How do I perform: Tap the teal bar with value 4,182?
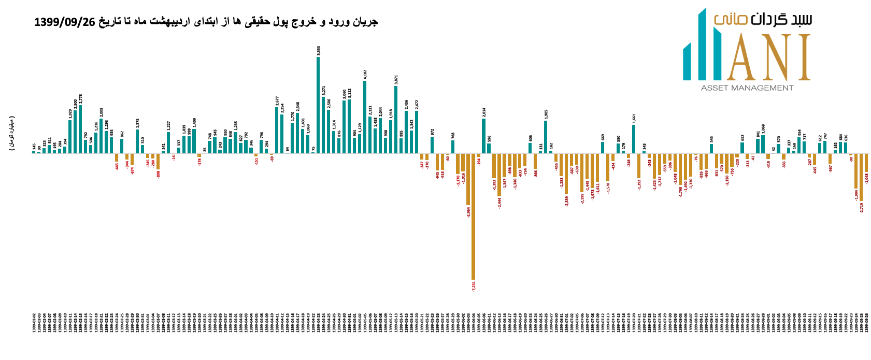point(365,117)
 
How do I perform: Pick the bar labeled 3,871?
point(396,119)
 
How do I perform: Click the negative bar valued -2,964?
point(468,179)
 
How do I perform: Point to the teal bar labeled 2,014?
point(483,136)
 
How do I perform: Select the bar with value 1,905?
point(546,137)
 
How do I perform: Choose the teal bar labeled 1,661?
point(633,139)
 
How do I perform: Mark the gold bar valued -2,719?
point(861,177)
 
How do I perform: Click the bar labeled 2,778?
point(80,129)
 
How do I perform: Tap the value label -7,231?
point(474,286)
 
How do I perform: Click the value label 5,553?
point(319,50)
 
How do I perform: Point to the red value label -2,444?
point(499,203)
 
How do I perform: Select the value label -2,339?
point(566,201)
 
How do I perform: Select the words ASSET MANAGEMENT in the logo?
point(747,88)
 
